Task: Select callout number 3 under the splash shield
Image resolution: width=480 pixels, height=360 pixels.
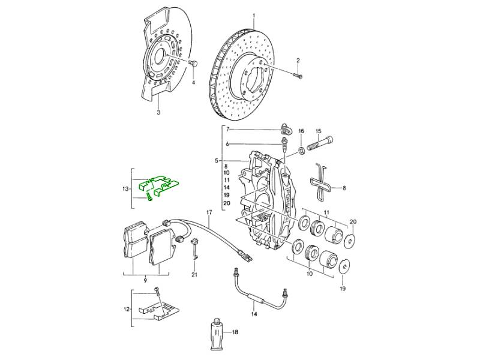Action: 158,112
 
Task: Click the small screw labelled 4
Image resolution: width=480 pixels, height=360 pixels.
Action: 192,64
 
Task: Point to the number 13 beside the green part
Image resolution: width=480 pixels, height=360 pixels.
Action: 125,189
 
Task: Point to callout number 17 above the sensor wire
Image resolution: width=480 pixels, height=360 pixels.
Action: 209,213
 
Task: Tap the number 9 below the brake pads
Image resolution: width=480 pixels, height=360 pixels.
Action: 145,280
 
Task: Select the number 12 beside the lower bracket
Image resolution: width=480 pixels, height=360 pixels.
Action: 125,310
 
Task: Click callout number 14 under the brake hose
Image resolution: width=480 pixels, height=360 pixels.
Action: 253,314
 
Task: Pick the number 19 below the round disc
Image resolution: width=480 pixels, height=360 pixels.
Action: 343,287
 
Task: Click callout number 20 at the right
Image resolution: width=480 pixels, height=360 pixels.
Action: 353,222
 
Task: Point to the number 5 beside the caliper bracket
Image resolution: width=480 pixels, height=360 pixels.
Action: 217,161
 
